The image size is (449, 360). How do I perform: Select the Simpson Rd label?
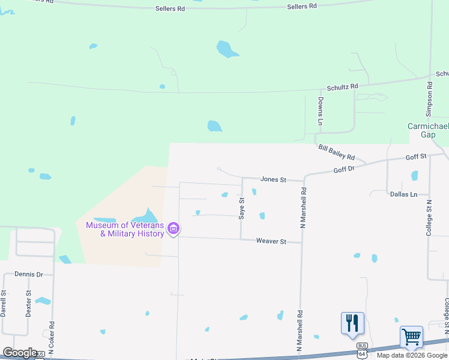click(429, 98)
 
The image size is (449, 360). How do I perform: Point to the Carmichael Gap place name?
click(428, 130)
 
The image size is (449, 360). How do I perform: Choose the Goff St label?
click(415, 157)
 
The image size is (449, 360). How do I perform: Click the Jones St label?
click(274, 179)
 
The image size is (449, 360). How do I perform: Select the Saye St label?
click(242, 209)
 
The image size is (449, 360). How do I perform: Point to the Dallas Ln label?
click(403, 194)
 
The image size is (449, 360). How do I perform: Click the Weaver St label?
click(270, 241)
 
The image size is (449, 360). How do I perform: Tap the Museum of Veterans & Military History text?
click(125, 229)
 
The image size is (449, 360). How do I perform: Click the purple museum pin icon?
click(173, 229)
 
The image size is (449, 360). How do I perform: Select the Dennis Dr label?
click(29, 274)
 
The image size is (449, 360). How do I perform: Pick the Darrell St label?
click(4, 304)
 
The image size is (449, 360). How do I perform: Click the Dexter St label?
click(28, 304)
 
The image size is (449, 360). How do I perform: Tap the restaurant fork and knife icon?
click(352, 323)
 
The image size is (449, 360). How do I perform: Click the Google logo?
click(20, 353)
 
